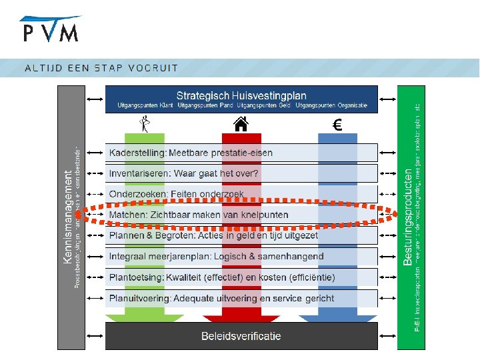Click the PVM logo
(51, 30)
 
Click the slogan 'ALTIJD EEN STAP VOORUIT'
(101, 67)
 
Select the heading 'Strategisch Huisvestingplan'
(241, 95)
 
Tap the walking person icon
(144, 123)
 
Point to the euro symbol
(337, 124)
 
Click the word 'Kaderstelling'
(137, 153)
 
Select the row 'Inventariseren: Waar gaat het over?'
(184, 173)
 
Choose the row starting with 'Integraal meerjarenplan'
(216, 256)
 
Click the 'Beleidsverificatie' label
(241, 336)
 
